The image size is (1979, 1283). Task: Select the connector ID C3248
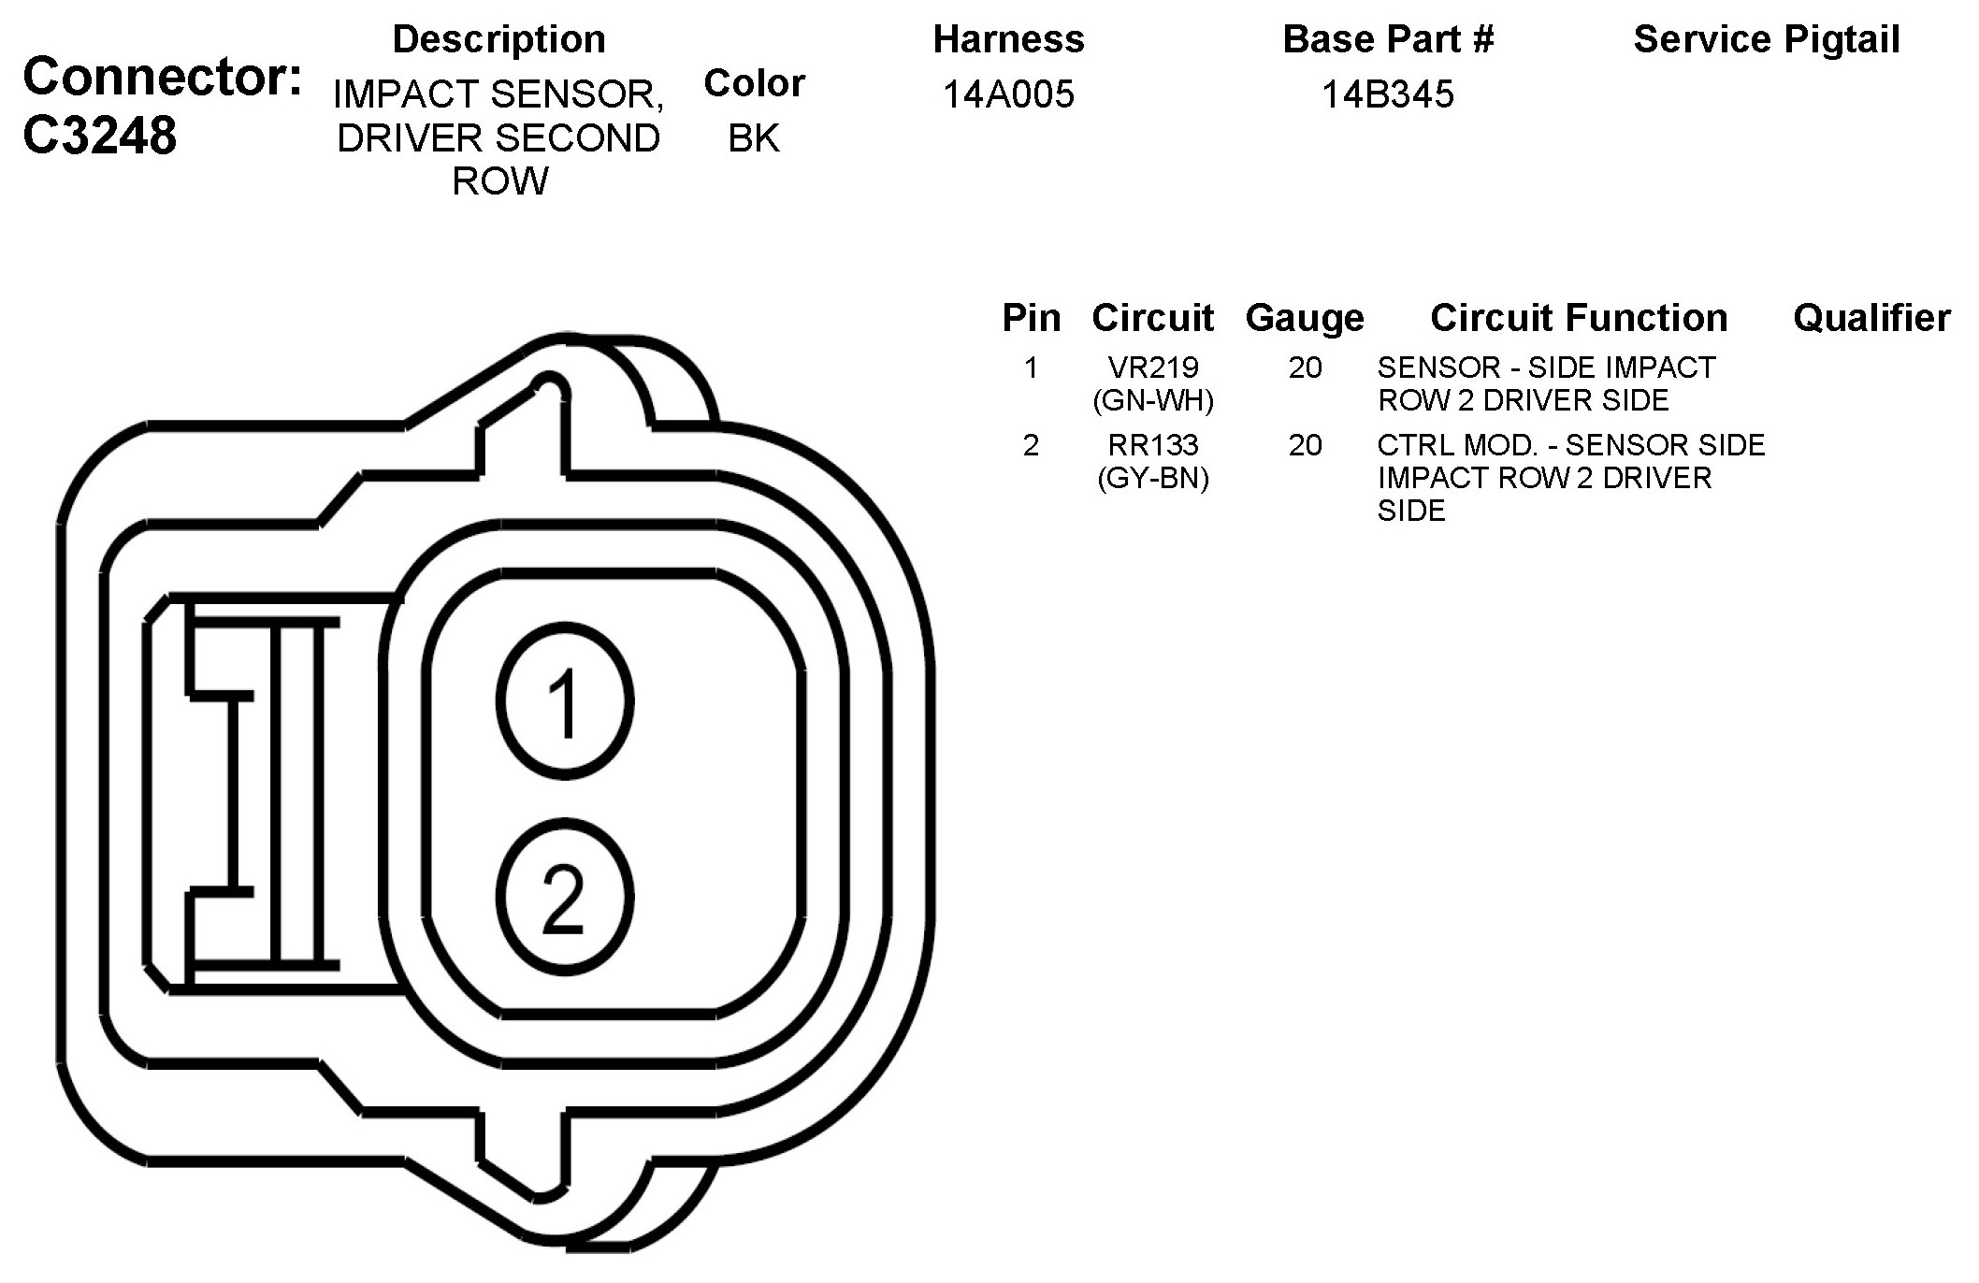[x=99, y=136]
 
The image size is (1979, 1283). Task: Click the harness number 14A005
[x=1008, y=94]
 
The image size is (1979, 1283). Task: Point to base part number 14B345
[x=1388, y=94]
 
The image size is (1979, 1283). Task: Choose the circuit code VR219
[x=1153, y=368]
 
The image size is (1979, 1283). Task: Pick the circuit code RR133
[x=1153, y=445]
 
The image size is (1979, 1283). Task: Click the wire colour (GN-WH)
[x=1153, y=400]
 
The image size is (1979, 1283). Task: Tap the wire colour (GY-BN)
[x=1153, y=478]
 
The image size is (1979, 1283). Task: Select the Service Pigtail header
[x=1767, y=39]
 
